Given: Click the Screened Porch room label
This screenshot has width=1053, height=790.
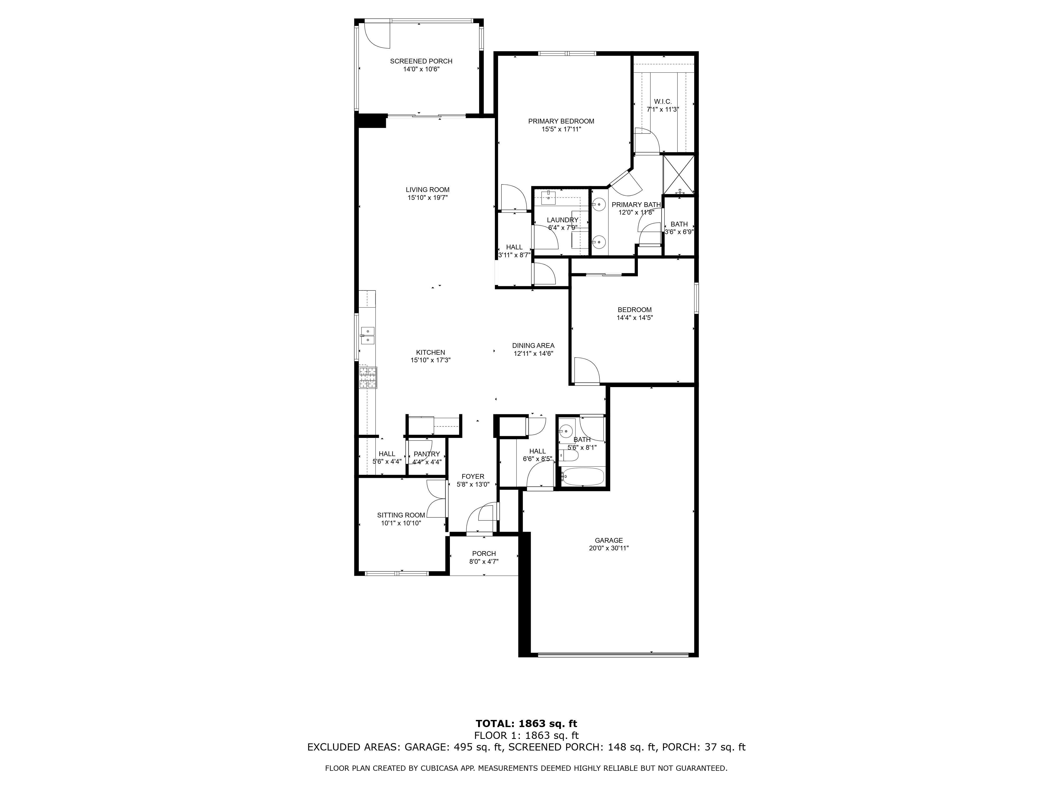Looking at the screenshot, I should (421, 61).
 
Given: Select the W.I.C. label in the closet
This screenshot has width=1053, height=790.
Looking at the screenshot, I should (663, 101).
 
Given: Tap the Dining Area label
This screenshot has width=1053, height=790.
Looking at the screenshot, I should (533, 346).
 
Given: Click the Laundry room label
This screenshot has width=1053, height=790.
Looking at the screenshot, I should (562, 220).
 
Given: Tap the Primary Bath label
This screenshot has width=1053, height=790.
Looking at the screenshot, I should (636, 205).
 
